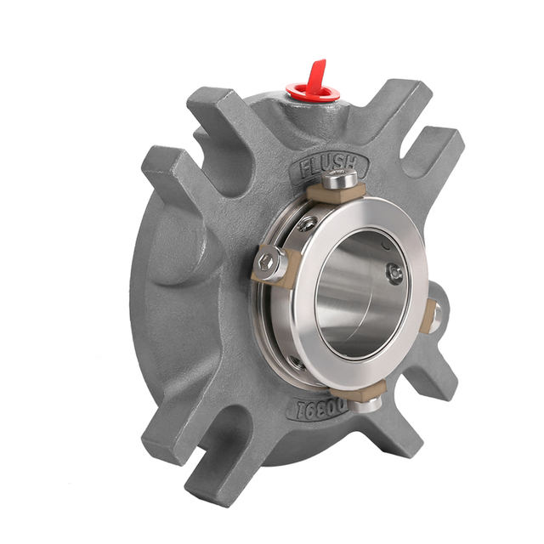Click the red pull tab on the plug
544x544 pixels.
click(x=316, y=71)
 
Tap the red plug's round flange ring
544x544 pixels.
click(x=307, y=90)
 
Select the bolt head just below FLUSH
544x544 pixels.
click(x=342, y=179)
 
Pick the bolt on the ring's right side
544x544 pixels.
click(x=437, y=316)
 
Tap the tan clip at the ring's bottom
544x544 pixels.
click(x=361, y=390)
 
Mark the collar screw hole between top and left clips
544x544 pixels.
click(x=307, y=223)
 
